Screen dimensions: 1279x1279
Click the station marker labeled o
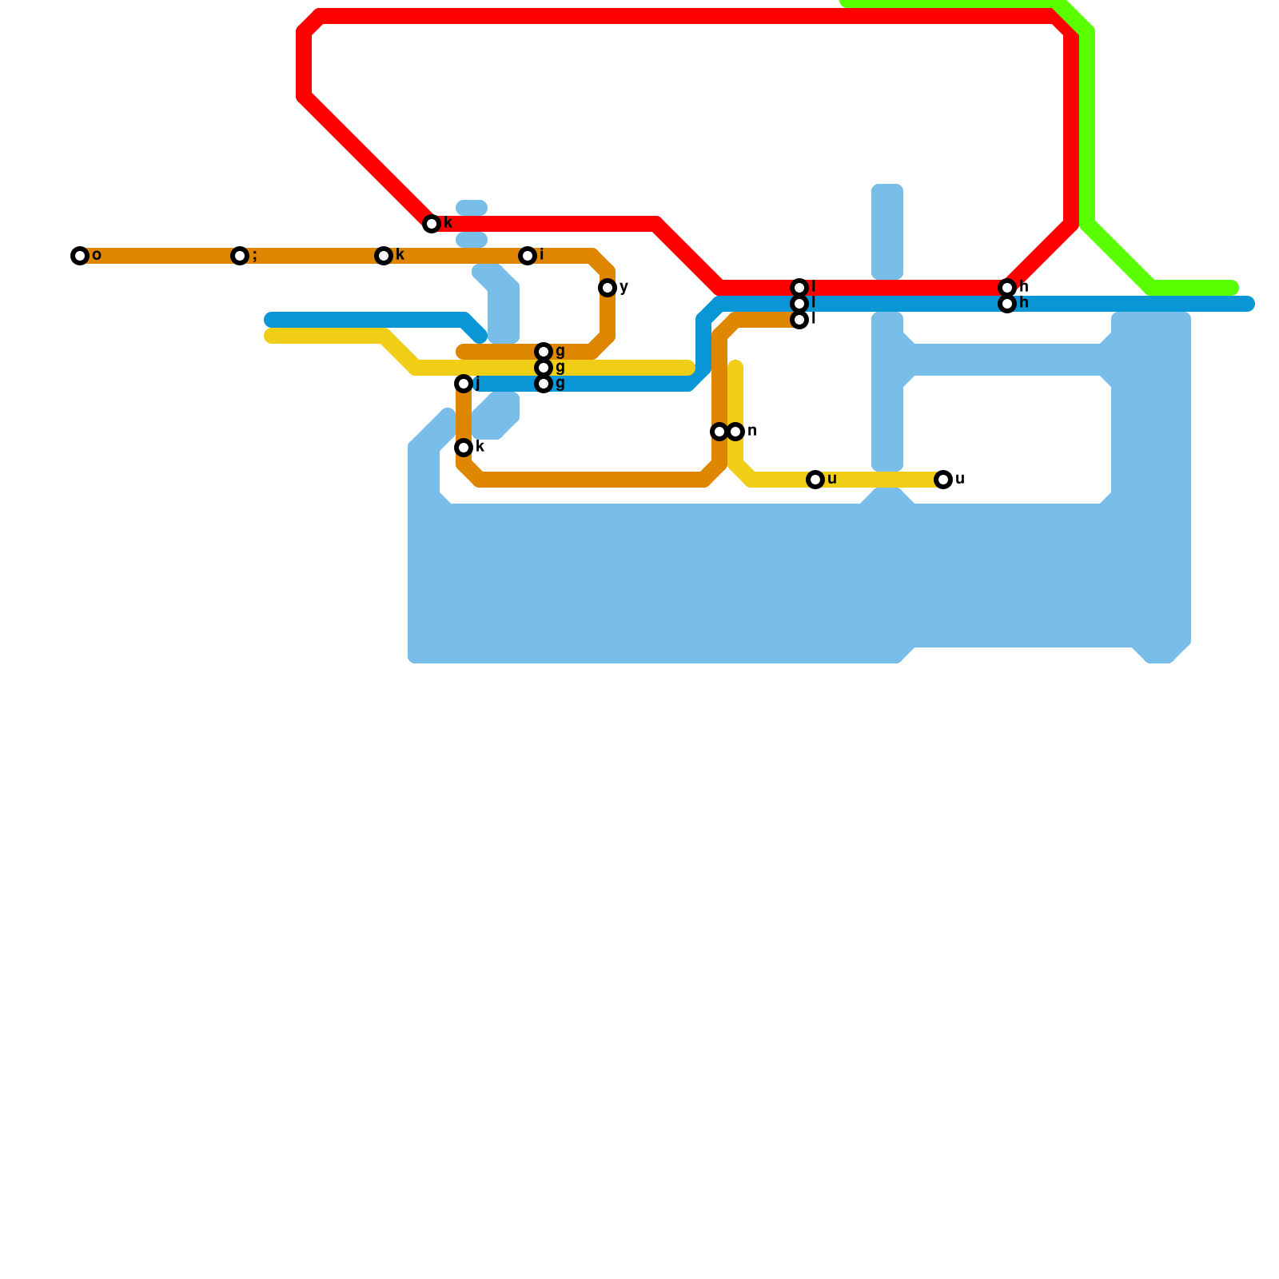point(79,256)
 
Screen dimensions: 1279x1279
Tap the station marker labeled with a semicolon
point(239,256)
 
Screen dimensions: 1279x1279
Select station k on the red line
point(432,224)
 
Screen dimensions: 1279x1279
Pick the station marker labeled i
point(528,256)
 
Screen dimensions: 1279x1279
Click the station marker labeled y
point(608,288)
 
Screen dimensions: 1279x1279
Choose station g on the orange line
point(544,352)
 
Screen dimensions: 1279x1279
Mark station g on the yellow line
point(544,368)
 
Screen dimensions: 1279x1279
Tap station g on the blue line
point(544,384)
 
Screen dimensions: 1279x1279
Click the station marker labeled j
point(464,384)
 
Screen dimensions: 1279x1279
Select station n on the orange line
point(719,432)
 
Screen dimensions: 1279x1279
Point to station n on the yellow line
point(735,432)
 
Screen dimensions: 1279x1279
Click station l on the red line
point(799,288)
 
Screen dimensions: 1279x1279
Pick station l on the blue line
point(799,304)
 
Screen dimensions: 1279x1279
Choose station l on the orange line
point(799,320)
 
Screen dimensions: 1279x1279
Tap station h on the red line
point(1007,288)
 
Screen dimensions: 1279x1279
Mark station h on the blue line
point(1007,304)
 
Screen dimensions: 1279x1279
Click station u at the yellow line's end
point(943,480)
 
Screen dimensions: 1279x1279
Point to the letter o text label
point(97,256)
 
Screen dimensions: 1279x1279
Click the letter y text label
point(624,287)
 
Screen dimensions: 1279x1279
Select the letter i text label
point(542,255)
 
